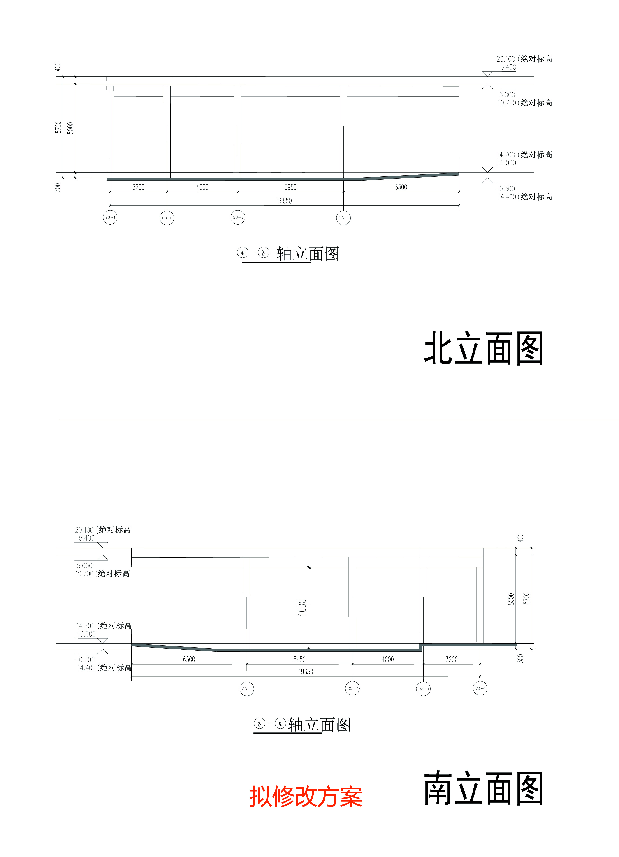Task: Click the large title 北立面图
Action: (483, 348)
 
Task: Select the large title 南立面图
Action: (483, 788)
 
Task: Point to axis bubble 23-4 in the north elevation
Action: (110, 217)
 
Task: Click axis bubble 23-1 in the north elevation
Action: (343, 218)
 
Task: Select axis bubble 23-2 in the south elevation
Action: (352, 688)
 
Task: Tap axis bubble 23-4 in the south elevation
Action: (480, 688)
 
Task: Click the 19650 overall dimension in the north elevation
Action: (284, 201)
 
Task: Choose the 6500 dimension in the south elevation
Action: (189, 659)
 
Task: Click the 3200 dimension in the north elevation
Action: (138, 187)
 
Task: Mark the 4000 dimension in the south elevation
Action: (388, 659)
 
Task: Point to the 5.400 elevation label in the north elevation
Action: (508, 67)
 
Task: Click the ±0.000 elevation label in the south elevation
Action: (86, 634)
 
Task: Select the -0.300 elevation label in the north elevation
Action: (505, 189)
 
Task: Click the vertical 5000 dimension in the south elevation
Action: (511, 599)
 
